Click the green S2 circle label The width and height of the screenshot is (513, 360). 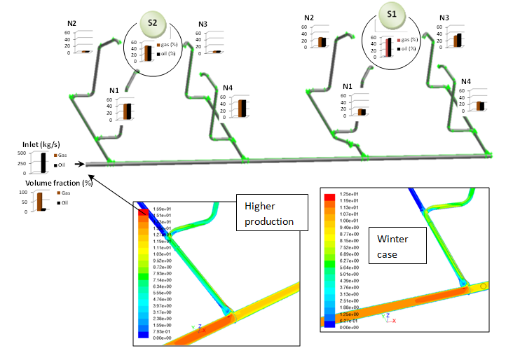(x=152, y=23)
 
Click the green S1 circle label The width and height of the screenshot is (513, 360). (x=390, y=14)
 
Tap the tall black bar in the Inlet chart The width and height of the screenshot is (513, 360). (x=43, y=162)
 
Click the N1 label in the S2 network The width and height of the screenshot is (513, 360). (x=114, y=92)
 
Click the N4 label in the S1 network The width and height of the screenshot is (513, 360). (x=466, y=82)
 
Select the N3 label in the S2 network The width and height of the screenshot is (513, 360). (x=203, y=25)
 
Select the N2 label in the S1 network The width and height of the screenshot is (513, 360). (x=309, y=18)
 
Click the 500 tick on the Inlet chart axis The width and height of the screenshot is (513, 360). (x=22, y=153)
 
